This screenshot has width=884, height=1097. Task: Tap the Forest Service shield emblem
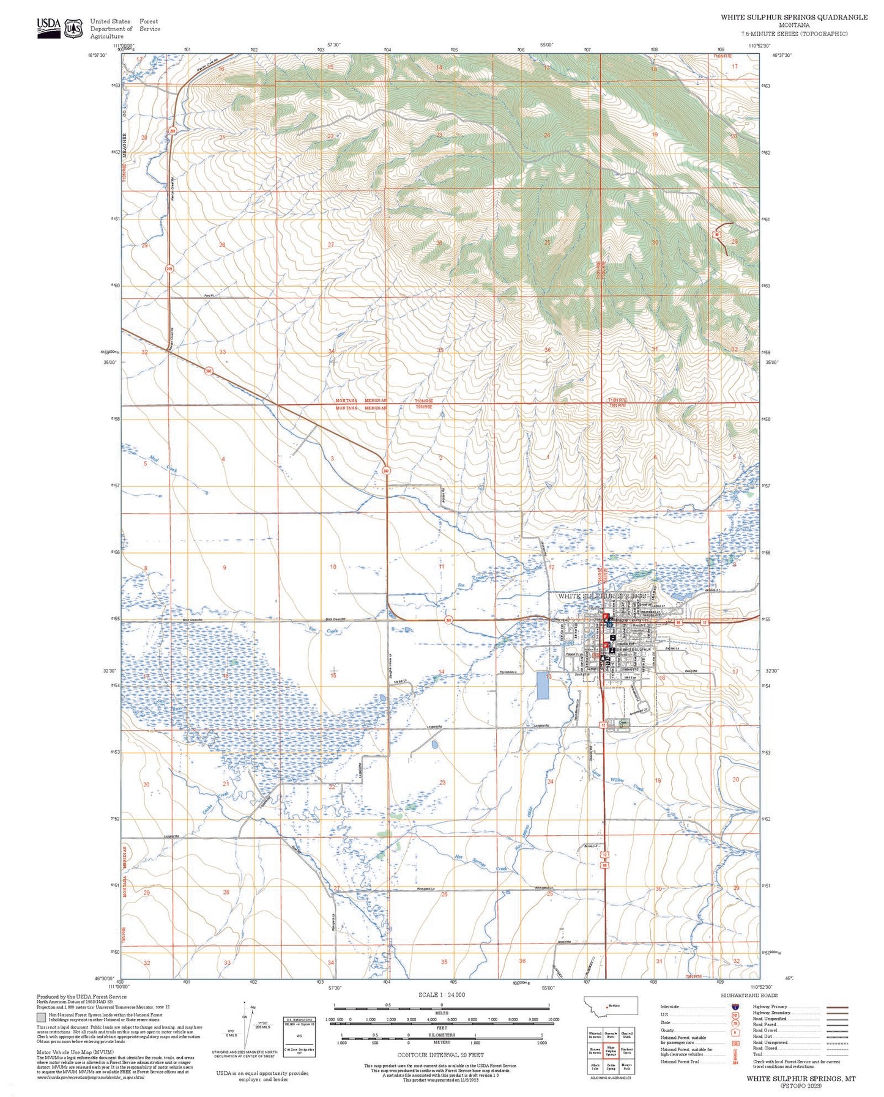pyautogui.click(x=74, y=28)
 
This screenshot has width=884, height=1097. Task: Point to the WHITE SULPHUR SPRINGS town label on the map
pyautogui.click(x=601, y=596)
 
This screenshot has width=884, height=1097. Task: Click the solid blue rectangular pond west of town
pyautogui.click(x=542, y=685)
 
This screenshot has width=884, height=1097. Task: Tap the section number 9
pyautogui.click(x=225, y=568)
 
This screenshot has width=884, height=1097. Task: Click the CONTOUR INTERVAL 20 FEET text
pyautogui.click(x=440, y=1055)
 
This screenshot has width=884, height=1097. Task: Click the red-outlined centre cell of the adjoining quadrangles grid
pyautogui.click(x=610, y=1051)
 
